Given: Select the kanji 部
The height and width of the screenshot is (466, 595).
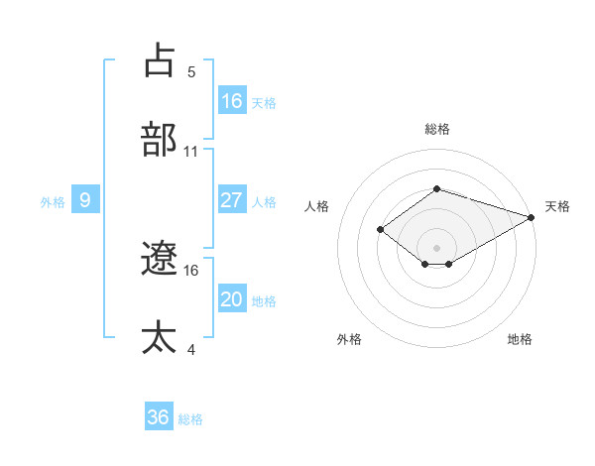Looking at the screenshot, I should (x=159, y=140).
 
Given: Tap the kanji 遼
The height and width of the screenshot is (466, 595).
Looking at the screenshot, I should (x=159, y=259).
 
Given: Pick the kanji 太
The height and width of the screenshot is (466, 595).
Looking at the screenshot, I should (x=159, y=338).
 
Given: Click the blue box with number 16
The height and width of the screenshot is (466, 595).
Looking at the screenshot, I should (x=232, y=100).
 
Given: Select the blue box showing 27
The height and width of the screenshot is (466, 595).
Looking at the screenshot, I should (x=232, y=200).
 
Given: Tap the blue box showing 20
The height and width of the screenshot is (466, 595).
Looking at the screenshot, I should (x=232, y=299).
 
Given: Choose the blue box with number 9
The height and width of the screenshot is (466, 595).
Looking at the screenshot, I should (x=85, y=200).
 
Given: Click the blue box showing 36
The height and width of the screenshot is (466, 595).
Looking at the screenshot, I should (x=159, y=417).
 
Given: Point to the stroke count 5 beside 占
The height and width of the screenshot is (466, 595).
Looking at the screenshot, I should (x=191, y=72).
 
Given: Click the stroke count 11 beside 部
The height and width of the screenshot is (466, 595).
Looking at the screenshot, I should (x=191, y=152).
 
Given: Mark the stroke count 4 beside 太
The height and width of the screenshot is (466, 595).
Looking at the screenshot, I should (x=191, y=349).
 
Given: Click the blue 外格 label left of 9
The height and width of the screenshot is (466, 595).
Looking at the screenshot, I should (x=53, y=201).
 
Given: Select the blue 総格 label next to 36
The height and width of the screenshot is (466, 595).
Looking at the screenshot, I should (x=190, y=418).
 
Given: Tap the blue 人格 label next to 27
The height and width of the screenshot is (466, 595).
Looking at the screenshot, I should (x=264, y=201).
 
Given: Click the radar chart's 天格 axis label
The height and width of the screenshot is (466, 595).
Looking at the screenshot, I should (x=558, y=206).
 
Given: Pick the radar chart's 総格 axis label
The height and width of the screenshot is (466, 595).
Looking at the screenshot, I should (x=437, y=130).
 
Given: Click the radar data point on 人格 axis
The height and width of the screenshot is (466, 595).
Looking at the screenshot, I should (x=380, y=229).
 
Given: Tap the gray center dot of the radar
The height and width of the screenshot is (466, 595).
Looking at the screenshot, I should (x=437, y=247).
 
